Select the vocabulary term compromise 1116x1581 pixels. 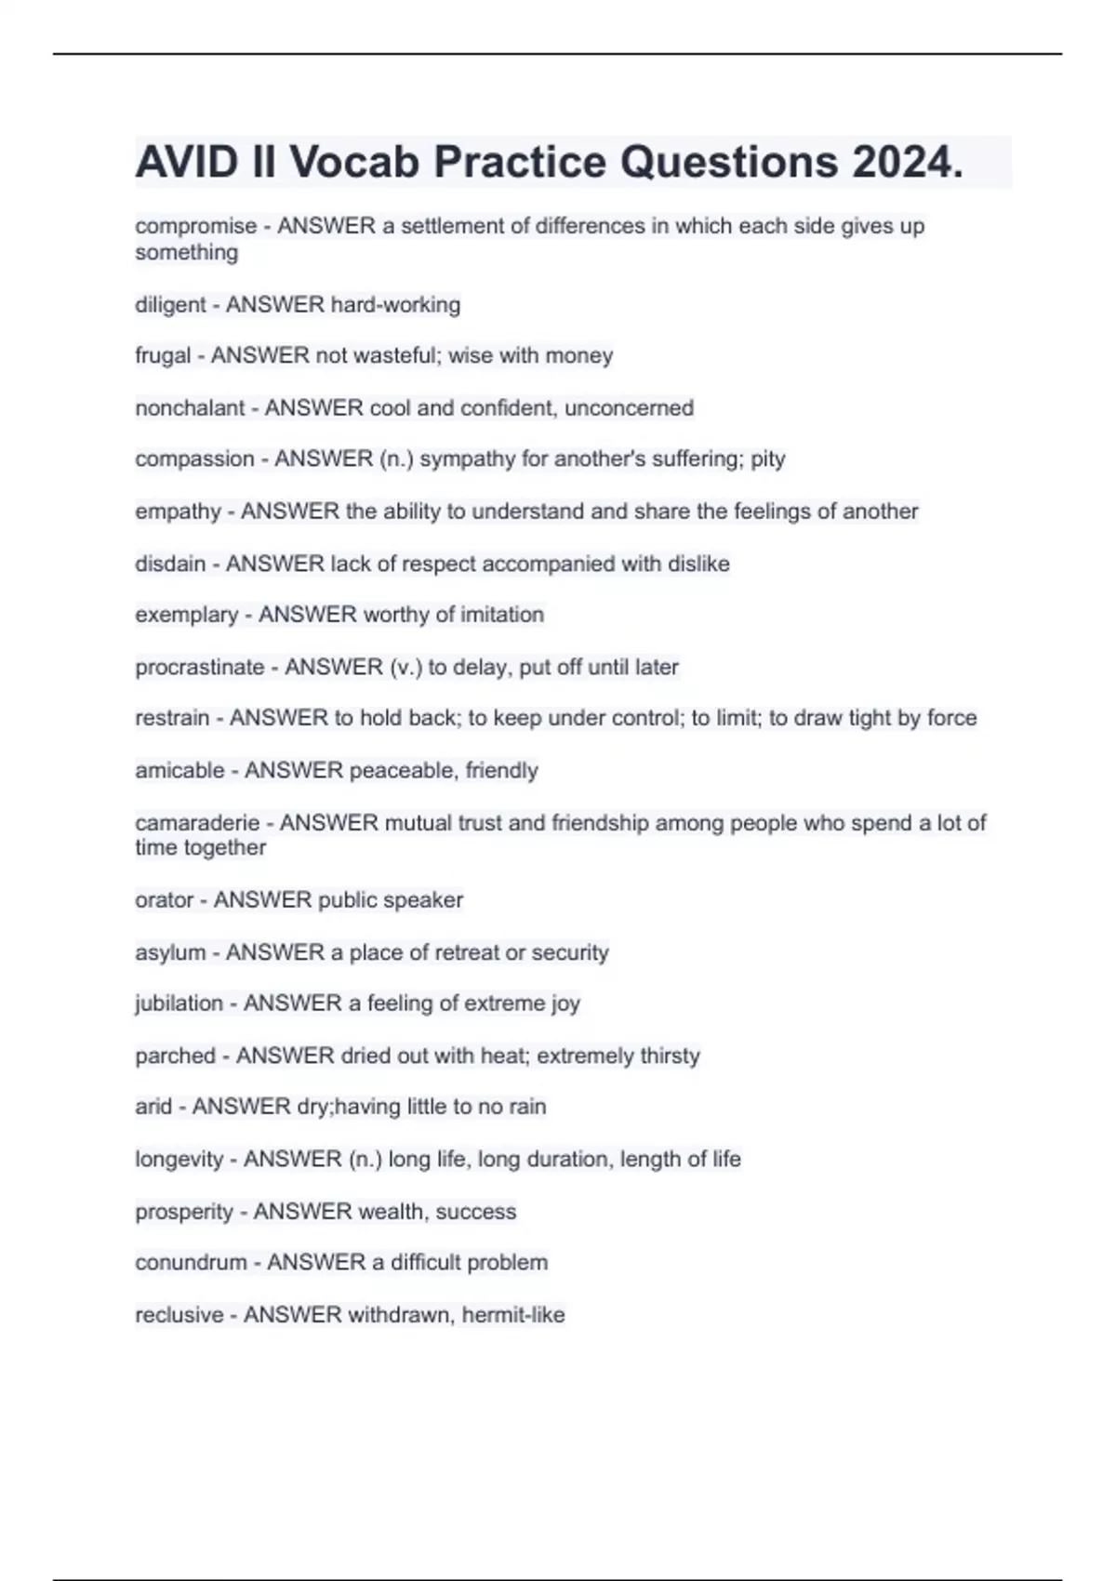tap(195, 226)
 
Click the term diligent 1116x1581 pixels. tap(170, 305)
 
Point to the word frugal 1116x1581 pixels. tap(163, 355)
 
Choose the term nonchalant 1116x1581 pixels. tap(190, 407)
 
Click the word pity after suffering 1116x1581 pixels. tap(767, 458)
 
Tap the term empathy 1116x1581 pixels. tap(178, 511)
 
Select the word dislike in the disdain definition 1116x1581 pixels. tap(698, 564)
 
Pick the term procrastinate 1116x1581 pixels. tap(199, 667)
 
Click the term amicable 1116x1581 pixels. tap(179, 770)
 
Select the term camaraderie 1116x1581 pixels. tap(196, 822)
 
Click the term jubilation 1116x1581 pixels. tap(179, 1003)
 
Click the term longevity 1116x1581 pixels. tap(179, 1159)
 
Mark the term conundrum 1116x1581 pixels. tap(190, 1262)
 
